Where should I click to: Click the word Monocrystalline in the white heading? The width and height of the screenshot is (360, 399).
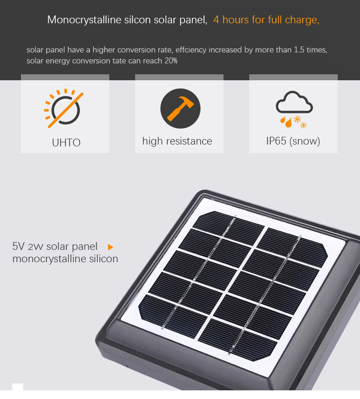(84, 20)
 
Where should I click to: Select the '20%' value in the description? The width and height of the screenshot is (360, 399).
(170, 61)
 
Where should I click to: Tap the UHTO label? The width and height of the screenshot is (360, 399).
(66, 142)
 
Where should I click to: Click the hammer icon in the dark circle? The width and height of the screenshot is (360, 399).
(180, 109)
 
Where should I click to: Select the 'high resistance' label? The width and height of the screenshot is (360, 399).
(177, 141)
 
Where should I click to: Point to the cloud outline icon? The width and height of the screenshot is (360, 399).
(294, 102)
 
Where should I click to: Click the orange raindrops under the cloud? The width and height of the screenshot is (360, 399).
(286, 122)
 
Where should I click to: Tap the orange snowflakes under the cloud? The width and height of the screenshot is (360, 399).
(300, 122)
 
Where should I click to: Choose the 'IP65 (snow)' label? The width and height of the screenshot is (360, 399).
(293, 141)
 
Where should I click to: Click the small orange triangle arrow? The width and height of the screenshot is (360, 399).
(110, 247)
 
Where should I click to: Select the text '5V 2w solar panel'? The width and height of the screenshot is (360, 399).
(55, 246)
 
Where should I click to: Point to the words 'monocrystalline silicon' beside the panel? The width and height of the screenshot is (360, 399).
(65, 259)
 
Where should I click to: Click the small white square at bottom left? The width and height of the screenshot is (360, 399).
(18, 387)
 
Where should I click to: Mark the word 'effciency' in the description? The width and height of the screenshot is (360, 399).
(191, 50)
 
